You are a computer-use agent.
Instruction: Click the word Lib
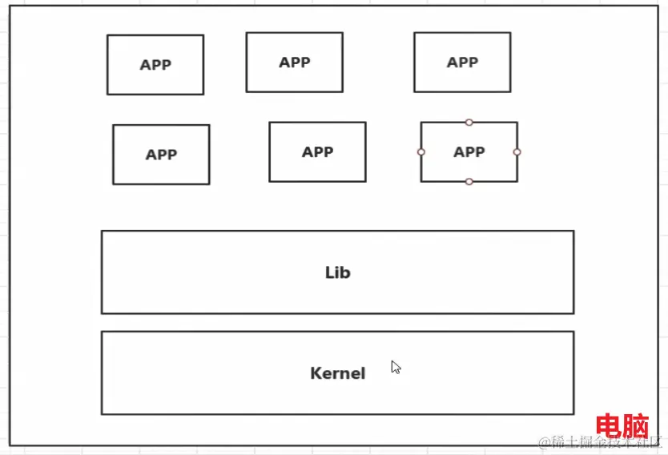click(337, 272)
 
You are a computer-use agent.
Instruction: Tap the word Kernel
click(337, 373)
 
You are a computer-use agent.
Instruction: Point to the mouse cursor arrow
click(396, 367)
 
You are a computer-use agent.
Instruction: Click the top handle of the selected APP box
click(469, 123)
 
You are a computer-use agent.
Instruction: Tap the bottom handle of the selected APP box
click(469, 182)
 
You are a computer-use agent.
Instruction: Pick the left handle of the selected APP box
click(421, 151)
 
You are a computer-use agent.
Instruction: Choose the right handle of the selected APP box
click(517, 151)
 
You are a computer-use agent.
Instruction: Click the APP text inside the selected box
click(469, 152)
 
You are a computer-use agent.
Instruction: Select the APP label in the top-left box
click(155, 66)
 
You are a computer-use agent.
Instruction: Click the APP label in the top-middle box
click(295, 62)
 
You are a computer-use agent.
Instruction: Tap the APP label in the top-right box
click(462, 62)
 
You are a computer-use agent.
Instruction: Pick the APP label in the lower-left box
click(161, 155)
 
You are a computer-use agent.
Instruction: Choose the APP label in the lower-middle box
click(317, 152)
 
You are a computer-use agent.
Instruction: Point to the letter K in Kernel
click(316, 373)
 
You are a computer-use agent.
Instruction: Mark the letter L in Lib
click(328, 272)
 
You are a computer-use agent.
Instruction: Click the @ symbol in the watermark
click(544, 442)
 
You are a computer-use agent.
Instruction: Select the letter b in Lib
click(345, 272)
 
